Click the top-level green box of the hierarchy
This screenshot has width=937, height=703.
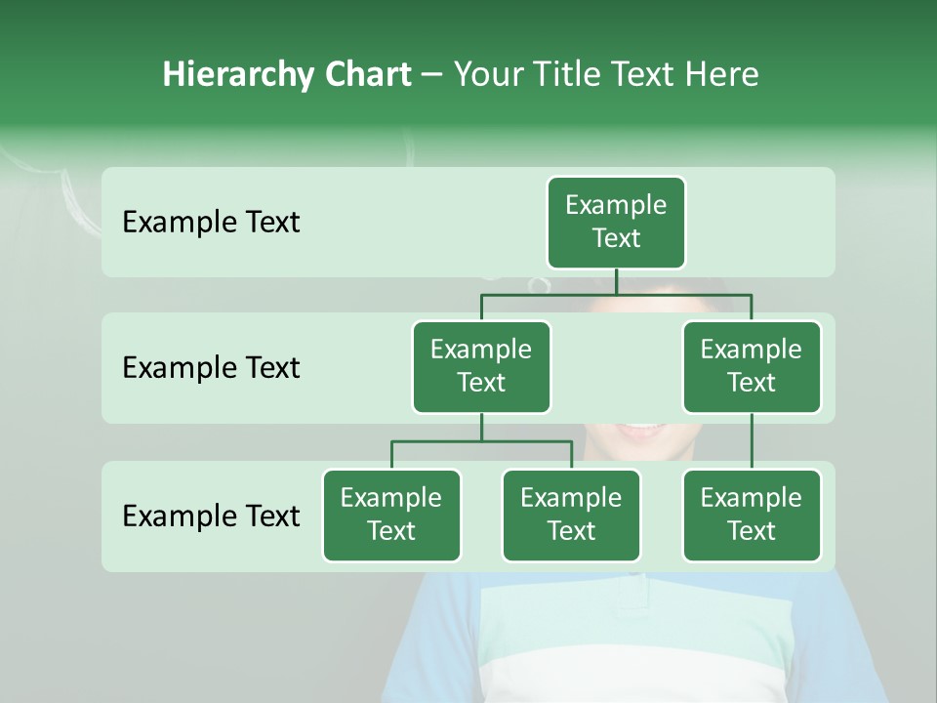point(616,223)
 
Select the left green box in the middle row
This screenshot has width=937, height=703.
point(481,367)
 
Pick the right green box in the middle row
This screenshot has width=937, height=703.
point(752,367)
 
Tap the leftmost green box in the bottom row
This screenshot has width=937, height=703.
point(391,516)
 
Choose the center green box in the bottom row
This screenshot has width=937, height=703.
point(571,516)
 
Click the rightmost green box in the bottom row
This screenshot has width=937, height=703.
point(752,516)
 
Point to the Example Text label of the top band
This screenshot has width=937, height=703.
point(211,223)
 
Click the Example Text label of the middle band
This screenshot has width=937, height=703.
point(211,368)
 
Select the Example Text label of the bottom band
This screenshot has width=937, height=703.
point(211,516)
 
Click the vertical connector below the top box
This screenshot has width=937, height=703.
point(616,281)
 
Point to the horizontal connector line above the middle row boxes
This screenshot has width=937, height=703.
point(547,294)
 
